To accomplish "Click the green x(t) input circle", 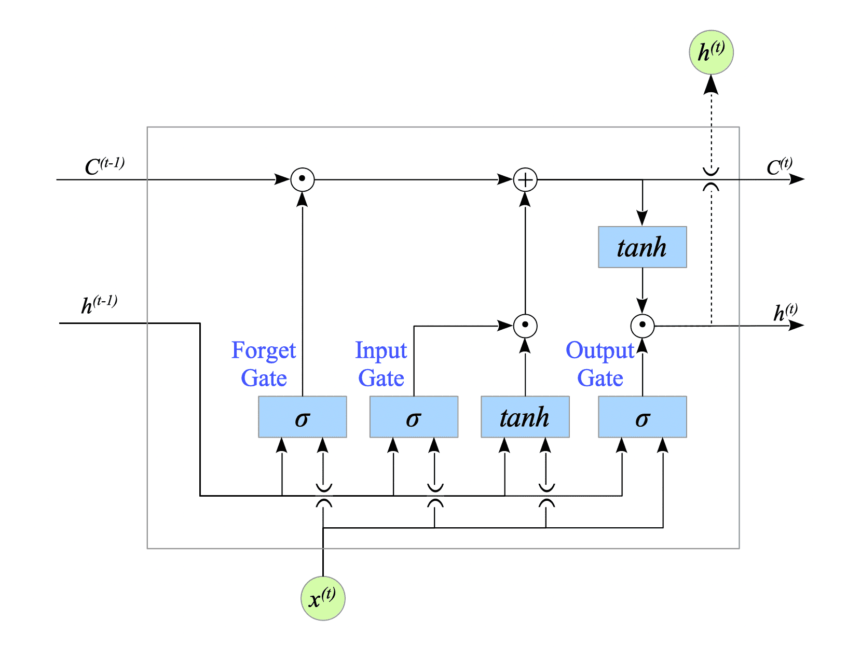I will pyautogui.click(x=323, y=598).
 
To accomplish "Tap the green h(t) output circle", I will pyautogui.click(x=711, y=52).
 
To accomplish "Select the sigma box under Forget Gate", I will pyautogui.click(x=303, y=417).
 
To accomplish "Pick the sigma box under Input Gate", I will pyautogui.click(x=414, y=417).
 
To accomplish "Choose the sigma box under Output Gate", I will pyautogui.click(x=643, y=417).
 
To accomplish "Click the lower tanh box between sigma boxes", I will pyautogui.click(x=525, y=417).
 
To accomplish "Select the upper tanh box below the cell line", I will pyautogui.click(x=643, y=247).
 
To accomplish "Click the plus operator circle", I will pyautogui.click(x=525, y=180).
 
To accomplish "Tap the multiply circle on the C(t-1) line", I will pyautogui.click(x=303, y=180).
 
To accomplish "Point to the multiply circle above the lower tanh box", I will pyautogui.click(x=525, y=326).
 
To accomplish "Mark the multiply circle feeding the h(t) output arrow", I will pyautogui.click(x=643, y=326).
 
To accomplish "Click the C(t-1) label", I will pyautogui.click(x=104, y=166).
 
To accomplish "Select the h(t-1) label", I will pyautogui.click(x=99, y=304).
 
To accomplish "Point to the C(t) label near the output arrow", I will pyautogui.click(x=780, y=166).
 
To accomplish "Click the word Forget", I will pyautogui.click(x=264, y=351).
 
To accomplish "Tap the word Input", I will pyautogui.click(x=381, y=351).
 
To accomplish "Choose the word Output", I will pyautogui.click(x=600, y=351).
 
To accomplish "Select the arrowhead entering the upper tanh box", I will pyautogui.click(x=643, y=219).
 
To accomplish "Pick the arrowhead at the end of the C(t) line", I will pyautogui.click(x=797, y=179).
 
